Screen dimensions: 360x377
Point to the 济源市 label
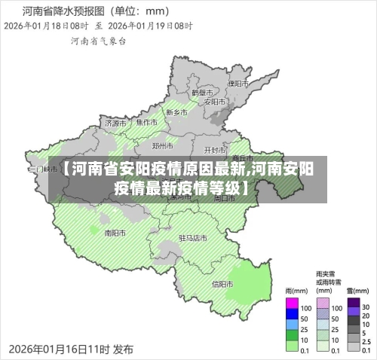point(115,122)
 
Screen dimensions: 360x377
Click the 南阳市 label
point(115,233)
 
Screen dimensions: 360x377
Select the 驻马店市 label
point(192,237)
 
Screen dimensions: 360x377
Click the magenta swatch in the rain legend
point(293,307)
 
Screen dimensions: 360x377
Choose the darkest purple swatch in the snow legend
point(353,307)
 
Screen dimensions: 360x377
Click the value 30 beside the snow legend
point(366,307)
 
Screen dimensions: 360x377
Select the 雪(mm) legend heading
point(355,290)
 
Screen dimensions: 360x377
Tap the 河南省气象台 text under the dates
point(93,43)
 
